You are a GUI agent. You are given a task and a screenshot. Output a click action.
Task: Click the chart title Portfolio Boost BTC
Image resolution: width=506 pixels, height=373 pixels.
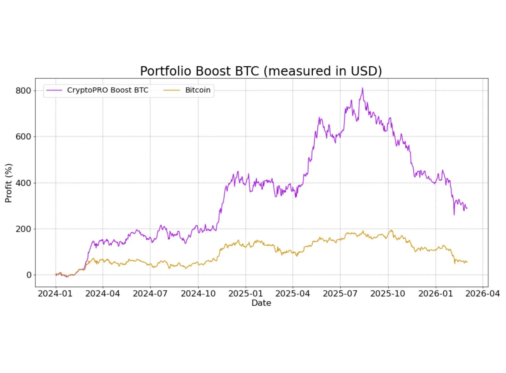coord(261,71)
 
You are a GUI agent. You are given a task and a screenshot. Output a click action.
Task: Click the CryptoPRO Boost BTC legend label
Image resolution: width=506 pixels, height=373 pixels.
coord(107,90)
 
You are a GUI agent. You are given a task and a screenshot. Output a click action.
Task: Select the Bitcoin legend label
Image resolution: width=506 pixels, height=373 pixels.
coord(198,90)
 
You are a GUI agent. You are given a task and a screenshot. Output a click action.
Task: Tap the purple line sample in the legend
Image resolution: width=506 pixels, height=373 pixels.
coord(54,90)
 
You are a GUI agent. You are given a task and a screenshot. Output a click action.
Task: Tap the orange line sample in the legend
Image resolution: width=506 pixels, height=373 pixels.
coord(171,90)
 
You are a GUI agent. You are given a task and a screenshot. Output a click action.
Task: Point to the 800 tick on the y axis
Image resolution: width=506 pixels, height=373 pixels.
coord(23,91)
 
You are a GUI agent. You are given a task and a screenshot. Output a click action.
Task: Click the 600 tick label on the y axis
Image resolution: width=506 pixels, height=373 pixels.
coord(23,137)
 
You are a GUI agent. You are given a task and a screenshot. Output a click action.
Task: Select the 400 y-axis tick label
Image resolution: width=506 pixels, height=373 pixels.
coord(23,183)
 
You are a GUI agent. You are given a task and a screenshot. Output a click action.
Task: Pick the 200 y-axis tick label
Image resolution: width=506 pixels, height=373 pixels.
coord(23,229)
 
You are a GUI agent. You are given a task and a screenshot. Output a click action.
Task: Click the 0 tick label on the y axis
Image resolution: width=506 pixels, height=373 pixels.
coord(29,275)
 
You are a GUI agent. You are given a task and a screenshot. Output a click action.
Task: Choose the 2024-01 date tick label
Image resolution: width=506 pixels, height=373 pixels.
coord(55,293)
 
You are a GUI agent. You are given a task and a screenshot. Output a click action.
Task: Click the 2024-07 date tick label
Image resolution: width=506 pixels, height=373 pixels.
coord(150,293)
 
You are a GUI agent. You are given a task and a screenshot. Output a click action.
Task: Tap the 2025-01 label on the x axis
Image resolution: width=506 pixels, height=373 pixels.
coord(245,293)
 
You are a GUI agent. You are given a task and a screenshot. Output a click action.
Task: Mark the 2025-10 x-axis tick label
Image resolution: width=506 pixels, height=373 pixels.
coord(388,293)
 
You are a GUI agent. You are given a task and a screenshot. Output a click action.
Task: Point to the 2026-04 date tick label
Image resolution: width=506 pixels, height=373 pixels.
coord(482,293)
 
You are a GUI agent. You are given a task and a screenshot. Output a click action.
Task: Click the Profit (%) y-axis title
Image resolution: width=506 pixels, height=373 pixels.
coord(9,183)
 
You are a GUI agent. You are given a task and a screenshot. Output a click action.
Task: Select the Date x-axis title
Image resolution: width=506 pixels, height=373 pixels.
coord(261,303)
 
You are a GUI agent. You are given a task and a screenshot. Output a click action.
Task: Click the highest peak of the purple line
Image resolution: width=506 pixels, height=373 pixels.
coord(362,88)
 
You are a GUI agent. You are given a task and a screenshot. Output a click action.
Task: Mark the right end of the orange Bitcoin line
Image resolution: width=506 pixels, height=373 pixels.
coord(467,262)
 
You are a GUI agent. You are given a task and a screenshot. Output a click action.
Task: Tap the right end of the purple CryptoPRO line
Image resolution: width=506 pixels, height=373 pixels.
coord(467,208)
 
